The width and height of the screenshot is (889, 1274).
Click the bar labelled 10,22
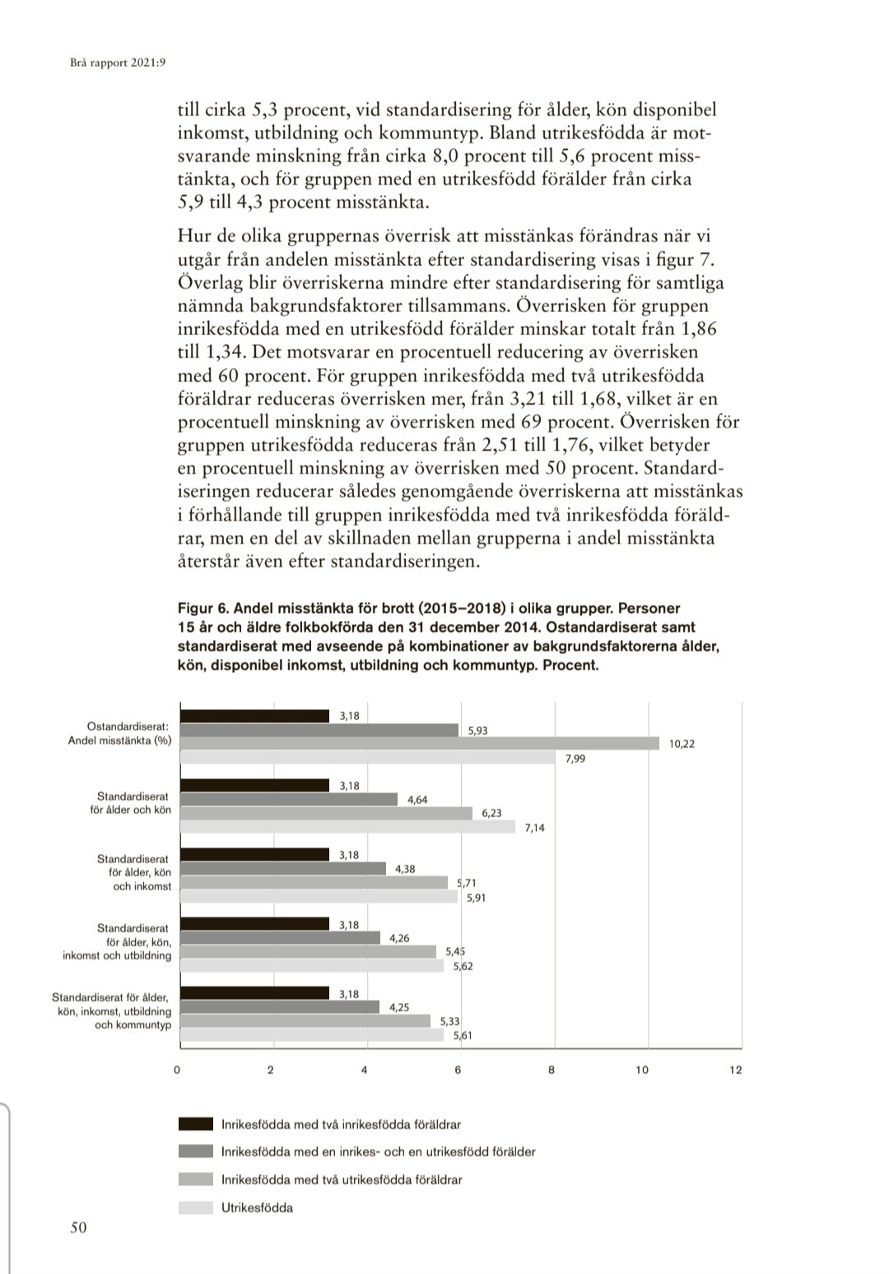tap(420, 744)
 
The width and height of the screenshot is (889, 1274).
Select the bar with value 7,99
tap(368, 758)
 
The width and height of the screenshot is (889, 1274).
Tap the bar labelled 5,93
tap(319, 730)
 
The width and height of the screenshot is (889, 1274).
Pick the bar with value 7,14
tap(347, 827)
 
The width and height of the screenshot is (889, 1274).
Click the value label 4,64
tap(417, 800)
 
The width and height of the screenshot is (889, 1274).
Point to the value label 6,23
tap(491, 813)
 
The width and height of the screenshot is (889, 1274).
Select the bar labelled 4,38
tap(283, 868)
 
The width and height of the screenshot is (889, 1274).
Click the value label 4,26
tap(399, 938)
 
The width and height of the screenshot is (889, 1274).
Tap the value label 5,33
tap(450, 1021)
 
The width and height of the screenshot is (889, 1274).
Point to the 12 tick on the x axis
tap(736, 1070)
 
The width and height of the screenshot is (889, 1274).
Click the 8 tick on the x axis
tap(552, 1070)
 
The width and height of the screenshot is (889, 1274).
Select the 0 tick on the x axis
tap(177, 1070)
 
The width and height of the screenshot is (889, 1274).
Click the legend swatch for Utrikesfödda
tap(196, 1208)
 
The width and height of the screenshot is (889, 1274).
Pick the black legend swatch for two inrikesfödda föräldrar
tap(196, 1124)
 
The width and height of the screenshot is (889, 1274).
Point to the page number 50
tap(78, 1228)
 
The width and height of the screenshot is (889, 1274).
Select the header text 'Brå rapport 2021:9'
tap(113, 62)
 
